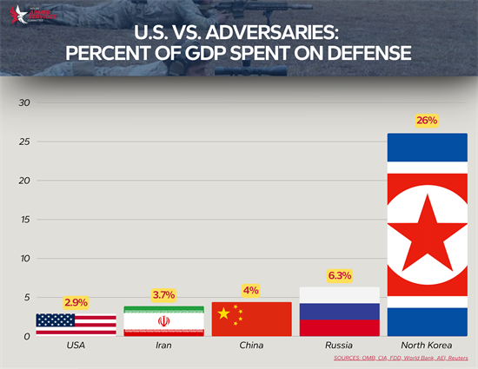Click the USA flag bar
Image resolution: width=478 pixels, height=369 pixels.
pos(76,325)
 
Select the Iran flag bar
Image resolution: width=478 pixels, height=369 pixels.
pos(163,321)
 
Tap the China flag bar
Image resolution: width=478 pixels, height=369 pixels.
pos(251,320)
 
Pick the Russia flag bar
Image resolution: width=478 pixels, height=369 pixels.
pos(339,312)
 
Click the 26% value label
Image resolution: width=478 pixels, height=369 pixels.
pos(427,121)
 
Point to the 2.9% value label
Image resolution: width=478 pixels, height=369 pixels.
pos(76,302)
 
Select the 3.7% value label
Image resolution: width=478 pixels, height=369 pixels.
pos(164,296)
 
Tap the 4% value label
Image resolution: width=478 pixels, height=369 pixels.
pos(251,291)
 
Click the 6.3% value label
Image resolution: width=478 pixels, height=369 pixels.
pos(339,275)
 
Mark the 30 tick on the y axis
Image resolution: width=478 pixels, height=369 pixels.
pos(25,102)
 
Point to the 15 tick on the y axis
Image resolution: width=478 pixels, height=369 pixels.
pos(25,220)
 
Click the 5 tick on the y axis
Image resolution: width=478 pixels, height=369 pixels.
pos(27,298)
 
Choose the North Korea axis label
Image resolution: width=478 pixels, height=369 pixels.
pos(427,346)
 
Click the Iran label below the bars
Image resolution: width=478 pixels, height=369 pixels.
pos(163,346)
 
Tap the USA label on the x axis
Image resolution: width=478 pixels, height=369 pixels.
pos(76,346)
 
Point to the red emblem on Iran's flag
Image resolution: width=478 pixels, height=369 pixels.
pos(163,321)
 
